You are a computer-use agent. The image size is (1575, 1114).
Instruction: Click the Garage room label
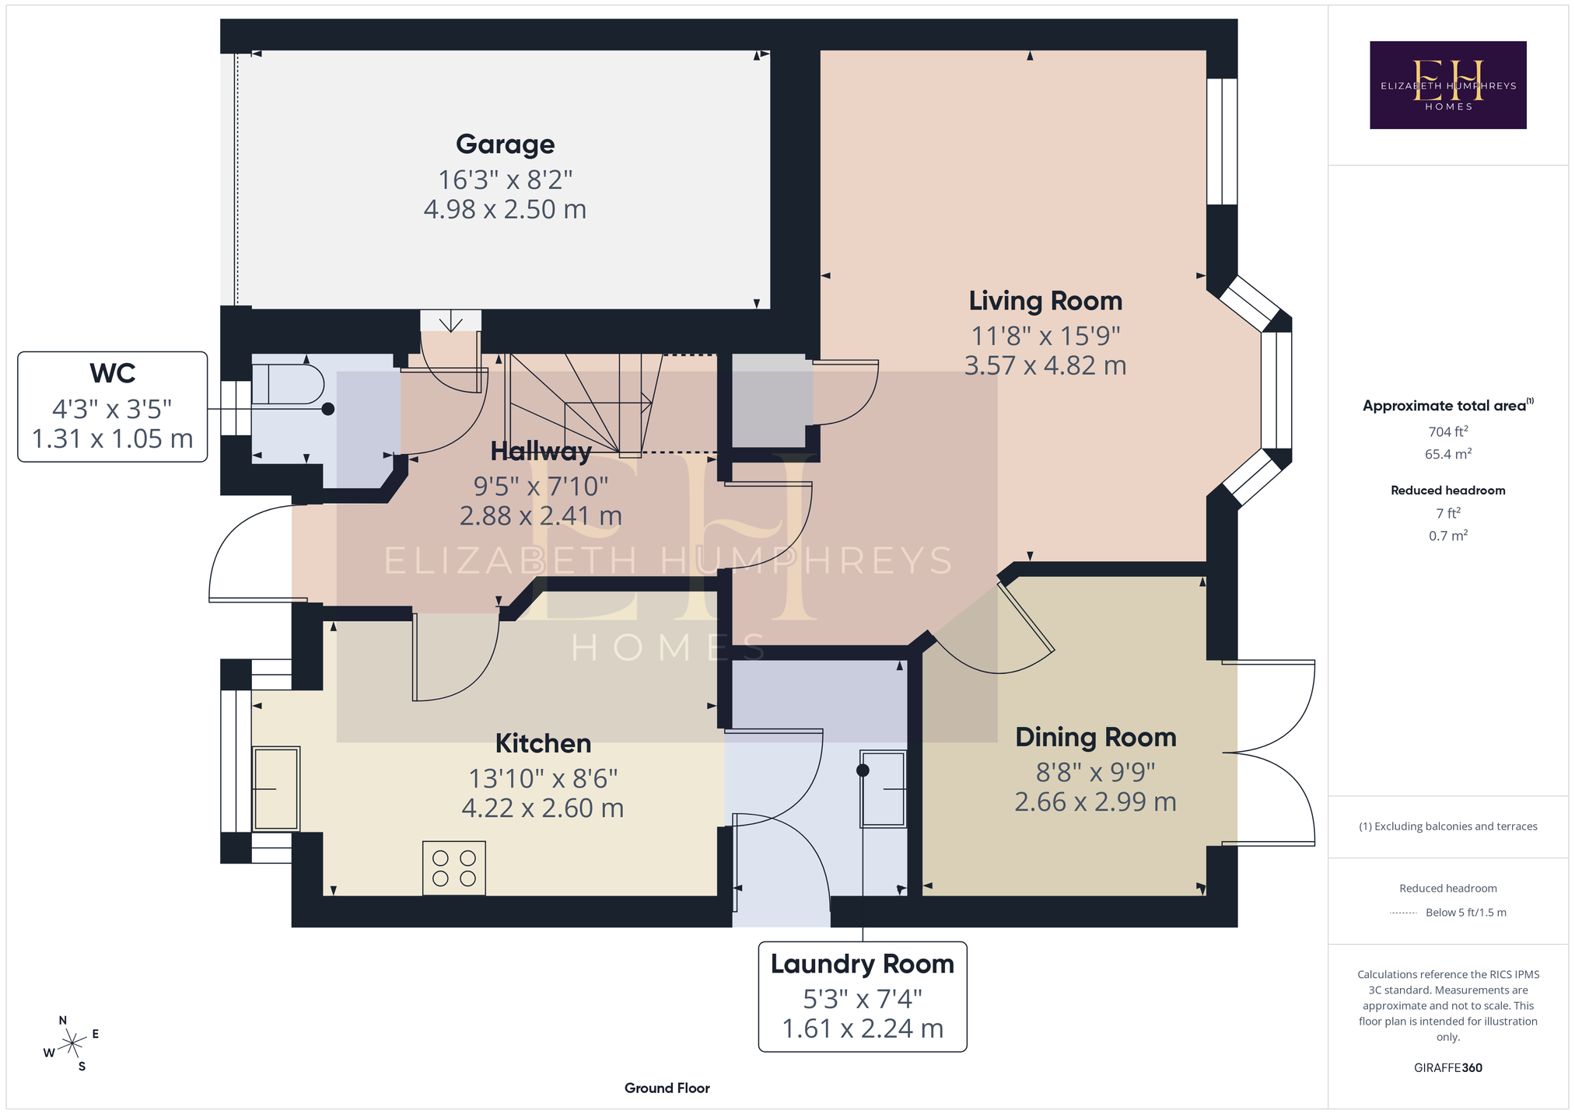pos(505,144)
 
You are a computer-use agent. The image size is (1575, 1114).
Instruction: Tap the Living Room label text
pos(1045,301)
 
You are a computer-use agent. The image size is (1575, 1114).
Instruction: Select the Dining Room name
pos(1095,737)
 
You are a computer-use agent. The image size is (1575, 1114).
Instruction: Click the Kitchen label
pos(543,743)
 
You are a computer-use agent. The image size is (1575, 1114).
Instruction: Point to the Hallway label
pos(541,451)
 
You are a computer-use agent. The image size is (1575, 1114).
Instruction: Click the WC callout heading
pos(113,373)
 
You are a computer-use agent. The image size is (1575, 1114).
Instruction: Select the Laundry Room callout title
pos(862,964)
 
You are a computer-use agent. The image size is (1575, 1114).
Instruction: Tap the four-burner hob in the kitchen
pos(454,868)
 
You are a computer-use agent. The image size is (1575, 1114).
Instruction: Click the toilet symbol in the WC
pos(288,385)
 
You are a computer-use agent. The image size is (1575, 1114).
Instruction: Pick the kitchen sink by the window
pos(276,788)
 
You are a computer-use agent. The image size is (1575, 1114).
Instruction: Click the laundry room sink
pos(883,789)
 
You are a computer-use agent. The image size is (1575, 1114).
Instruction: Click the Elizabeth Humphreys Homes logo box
pos(1447,85)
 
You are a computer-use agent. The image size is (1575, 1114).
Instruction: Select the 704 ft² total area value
pos(1447,431)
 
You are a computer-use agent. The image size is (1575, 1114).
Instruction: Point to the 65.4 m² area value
pos(1447,454)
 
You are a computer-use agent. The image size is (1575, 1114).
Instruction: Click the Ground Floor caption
pos(667,1088)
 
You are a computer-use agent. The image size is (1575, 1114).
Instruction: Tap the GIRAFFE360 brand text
pos(1447,1068)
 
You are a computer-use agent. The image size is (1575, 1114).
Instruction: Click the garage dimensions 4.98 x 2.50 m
pos(505,210)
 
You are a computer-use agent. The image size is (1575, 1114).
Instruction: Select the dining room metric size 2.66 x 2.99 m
pos(1095,802)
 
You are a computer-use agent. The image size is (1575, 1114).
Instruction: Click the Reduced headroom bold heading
pos(1447,491)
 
